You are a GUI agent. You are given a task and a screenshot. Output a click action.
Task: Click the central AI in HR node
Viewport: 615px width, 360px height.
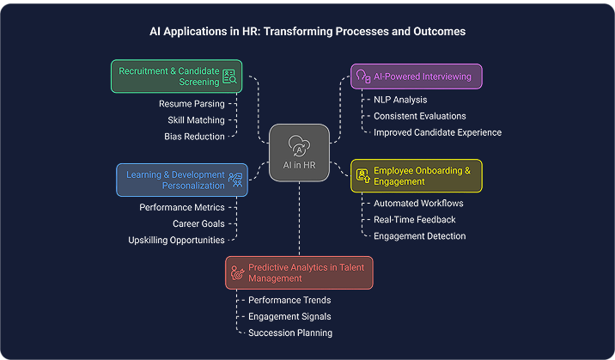(x=299, y=153)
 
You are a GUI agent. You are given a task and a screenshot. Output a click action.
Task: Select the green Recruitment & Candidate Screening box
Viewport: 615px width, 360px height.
(x=176, y=76)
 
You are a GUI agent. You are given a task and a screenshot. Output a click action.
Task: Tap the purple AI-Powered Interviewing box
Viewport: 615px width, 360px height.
(x=416, y=76)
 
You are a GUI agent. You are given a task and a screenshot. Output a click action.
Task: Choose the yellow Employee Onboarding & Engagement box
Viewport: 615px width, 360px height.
(x=417, y=176)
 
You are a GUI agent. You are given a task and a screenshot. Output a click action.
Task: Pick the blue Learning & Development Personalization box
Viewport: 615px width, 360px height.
(x=181, y=180)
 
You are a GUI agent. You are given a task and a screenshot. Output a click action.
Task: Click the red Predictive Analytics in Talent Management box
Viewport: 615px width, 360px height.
(x=300, y=272)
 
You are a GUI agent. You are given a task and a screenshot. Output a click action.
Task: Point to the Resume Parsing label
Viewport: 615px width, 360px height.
(x=192, y=104)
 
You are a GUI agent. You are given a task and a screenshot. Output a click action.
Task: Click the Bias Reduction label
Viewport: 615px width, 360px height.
(x=194, y=136)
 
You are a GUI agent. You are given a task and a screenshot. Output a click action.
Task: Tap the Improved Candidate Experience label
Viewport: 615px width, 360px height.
(x=437, y=132)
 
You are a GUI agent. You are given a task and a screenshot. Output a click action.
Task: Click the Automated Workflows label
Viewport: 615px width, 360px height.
(x=418, y=204)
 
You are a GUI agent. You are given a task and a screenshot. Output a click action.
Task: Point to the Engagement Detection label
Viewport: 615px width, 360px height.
(x=419, y=235)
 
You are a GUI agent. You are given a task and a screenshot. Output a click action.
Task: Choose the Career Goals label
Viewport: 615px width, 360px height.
(x=198, y=223)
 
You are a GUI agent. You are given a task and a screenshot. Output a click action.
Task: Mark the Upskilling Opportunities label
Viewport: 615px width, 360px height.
(x=176, y=240)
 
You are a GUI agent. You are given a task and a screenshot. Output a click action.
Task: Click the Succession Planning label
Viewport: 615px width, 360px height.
(x=289, y=333)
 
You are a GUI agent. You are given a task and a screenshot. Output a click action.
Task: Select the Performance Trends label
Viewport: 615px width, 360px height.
(x=289, y=300)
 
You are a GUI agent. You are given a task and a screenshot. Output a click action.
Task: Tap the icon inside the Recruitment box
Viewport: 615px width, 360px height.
(x=229, y=76)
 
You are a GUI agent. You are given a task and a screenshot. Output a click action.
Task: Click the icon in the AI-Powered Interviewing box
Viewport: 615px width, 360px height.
(x=362, y=76)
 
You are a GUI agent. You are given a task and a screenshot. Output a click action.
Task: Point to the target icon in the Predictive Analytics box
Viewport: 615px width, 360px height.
(x=238, y=272)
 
